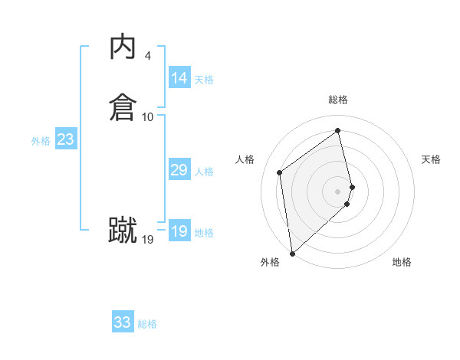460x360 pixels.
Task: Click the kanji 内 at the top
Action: click(122, 47)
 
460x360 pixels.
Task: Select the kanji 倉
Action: click(122, 106)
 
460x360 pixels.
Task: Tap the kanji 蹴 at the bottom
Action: click(122, 230)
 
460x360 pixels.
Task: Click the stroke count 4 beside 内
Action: click(147, 56)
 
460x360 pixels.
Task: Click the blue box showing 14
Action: click(179, 78)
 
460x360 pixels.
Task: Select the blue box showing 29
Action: click(179, 170)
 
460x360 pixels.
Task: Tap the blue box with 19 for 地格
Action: click(179, 231)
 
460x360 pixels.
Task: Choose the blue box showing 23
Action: click(65, 139)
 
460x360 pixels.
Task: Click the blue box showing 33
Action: click(123, 322)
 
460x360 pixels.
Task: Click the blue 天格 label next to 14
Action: click(204, 80)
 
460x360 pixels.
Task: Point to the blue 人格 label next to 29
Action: click(204, 172)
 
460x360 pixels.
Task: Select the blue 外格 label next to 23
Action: click(41, 141)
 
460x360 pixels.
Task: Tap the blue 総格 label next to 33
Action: click(147, 324)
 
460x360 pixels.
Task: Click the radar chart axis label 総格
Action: click(338, 100)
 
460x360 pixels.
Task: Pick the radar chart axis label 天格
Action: click(432, 159)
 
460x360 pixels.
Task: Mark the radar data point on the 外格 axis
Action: click(292, 253)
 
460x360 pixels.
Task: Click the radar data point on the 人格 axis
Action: click(280, 172)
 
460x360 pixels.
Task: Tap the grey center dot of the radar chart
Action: click(338, 191)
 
